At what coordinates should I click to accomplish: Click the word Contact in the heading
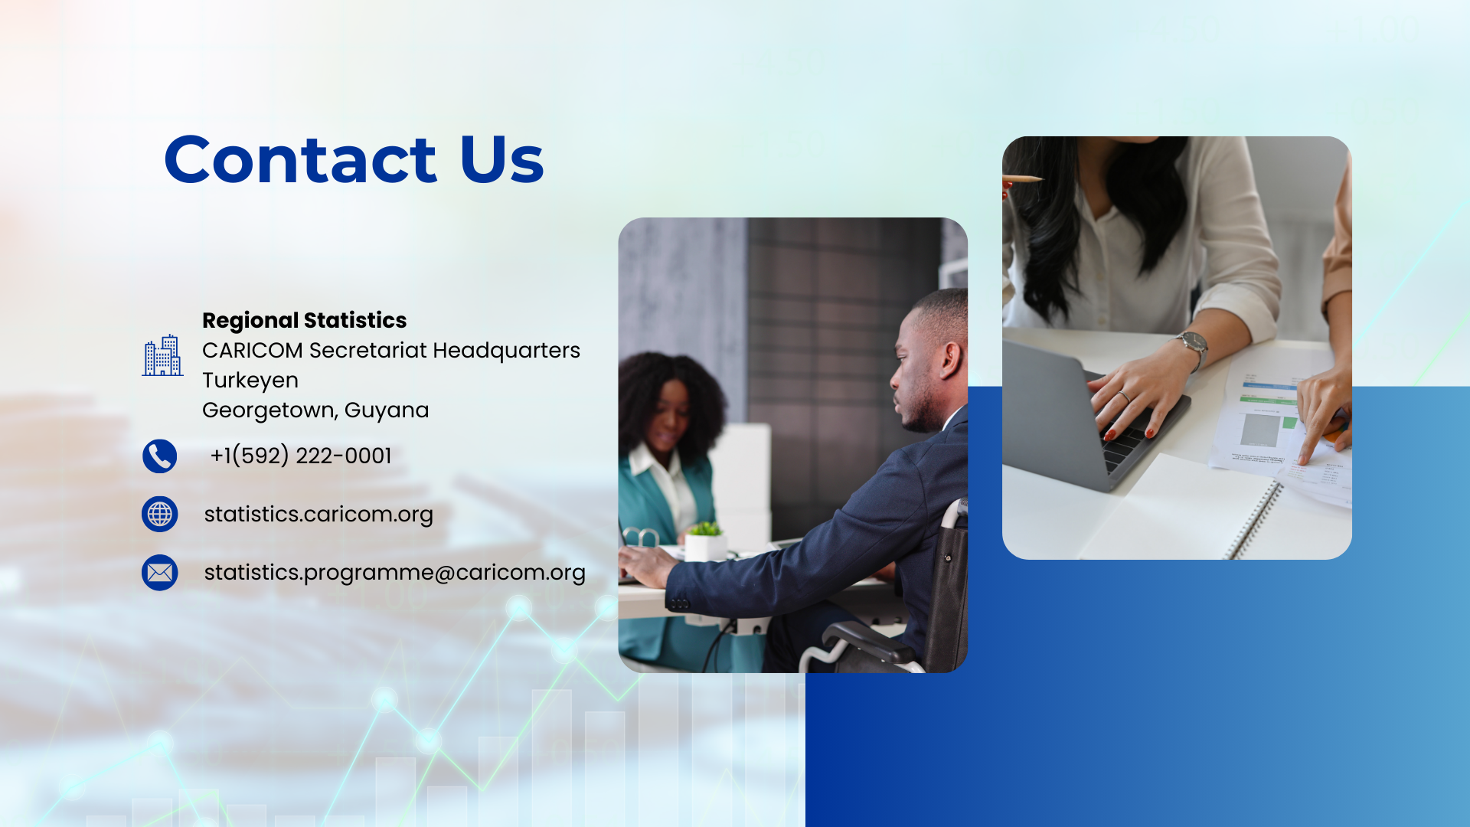coord(300,159)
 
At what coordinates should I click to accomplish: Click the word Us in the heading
coord(501,159)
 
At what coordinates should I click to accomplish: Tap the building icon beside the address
coord(162,355)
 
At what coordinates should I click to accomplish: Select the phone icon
coord(159,456)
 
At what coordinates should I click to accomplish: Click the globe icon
coord(159,515)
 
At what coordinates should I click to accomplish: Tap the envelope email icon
coord(159,573)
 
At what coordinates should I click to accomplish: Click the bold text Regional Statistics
coord(305,320)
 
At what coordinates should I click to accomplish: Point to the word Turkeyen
coord(250,381)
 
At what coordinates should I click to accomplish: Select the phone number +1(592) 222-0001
coord(301,456)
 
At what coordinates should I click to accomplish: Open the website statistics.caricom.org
coord(318,514)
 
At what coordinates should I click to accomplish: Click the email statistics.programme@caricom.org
coord(395,573)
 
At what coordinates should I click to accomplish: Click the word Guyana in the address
coord(387,410)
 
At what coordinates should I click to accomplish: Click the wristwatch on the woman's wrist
coord(1194,347)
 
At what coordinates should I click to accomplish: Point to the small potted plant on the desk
coord(705,540)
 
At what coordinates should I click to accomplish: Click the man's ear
coord(952,361)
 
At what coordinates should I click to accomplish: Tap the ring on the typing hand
coord(1123,397)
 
